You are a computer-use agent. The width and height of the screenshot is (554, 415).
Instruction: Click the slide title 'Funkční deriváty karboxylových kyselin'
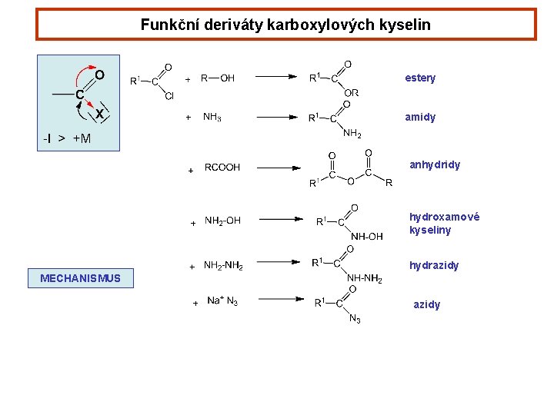pyautogui.click(x=285, y=25)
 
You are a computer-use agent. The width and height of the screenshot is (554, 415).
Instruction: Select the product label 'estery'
pyautogui.click(x=420, y=78)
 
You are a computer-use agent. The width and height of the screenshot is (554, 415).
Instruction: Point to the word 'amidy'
pyautogui.click(x=420, y=117)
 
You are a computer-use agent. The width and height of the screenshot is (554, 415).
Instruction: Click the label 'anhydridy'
pyautogui.click(x=435, y=164)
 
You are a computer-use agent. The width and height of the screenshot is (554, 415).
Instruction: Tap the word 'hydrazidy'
pyautogui.click(x=434, y=265)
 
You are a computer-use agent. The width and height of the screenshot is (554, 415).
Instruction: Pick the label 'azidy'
pyautogui.click(x=427, y=304)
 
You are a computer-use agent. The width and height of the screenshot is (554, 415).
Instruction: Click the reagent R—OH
pyautogui.click(x=218, y=78)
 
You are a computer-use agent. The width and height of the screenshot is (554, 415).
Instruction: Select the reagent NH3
pyautogui.click(x=212, y=117)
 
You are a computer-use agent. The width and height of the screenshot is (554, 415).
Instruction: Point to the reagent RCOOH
pyautogui.click(x=222, y=167)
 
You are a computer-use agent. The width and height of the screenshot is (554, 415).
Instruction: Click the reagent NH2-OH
pyautogui.click(x=222, y=221)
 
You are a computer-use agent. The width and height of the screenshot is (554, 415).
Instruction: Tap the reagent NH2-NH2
pyautogui.click(x=223, y=265)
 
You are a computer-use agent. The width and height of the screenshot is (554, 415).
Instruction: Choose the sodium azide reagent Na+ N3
pyautogui.click(x=222, y=300)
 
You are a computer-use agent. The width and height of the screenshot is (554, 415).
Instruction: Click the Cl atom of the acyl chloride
pyautogui.click(x=169, y=96)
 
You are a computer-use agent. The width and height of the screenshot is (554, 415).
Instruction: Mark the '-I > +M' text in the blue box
pyautogui.click(x=67, y=138)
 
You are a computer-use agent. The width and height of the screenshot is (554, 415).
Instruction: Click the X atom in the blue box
pyautogui.click(x=99, y=114)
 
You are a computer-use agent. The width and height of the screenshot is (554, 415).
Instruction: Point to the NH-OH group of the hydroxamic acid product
pyautogui.click(x=366, y=237)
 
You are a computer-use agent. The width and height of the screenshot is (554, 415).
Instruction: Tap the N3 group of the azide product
pyautogui.click(x=355, y=319)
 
